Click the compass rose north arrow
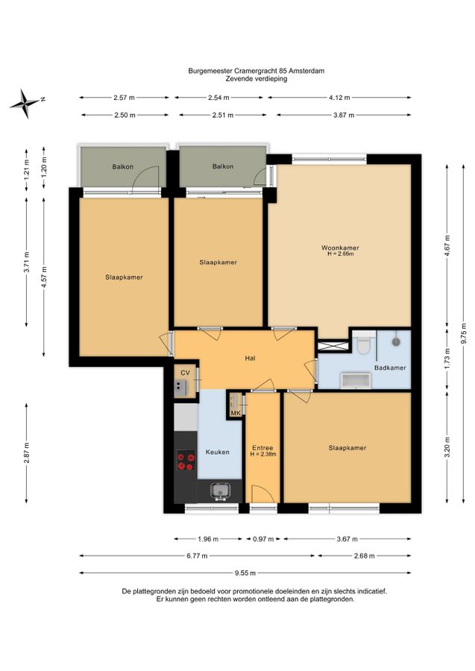coord(25,103)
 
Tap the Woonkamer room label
coord(340,248)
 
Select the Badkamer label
coord(390,368)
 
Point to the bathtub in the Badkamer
coord(355,379)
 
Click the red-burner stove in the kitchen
coord(186,461)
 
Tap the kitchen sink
coord(221,491)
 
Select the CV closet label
coord(185,374)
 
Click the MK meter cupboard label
coord(236,413)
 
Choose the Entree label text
coord(262,448)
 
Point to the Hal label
coord(251,358)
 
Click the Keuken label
coord(218,452)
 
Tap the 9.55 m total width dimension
coord(245,573)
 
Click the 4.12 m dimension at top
coord(339,98)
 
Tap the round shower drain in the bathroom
coord(396,342)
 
